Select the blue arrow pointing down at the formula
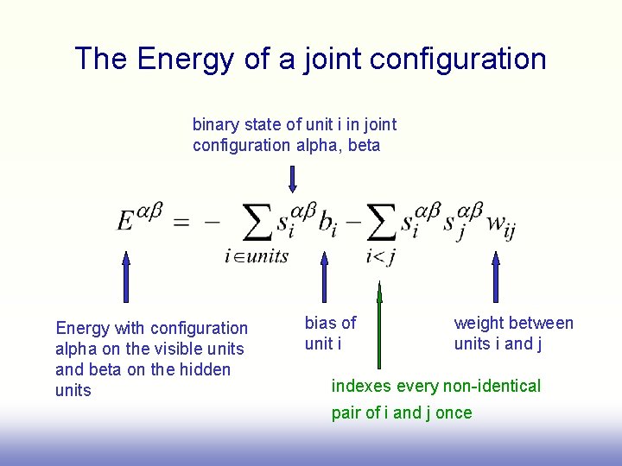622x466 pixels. click(x=293, y=179)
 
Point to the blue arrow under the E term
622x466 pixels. click(x=126, y=276)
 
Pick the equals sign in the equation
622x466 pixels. click(x=181, y=222)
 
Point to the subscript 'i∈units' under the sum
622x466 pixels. click(x=256, y=256)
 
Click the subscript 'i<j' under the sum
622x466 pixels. click(x=380, y=256)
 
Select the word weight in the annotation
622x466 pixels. click(x=479, y=323)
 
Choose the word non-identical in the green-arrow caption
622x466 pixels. click(x=490, y=386)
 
